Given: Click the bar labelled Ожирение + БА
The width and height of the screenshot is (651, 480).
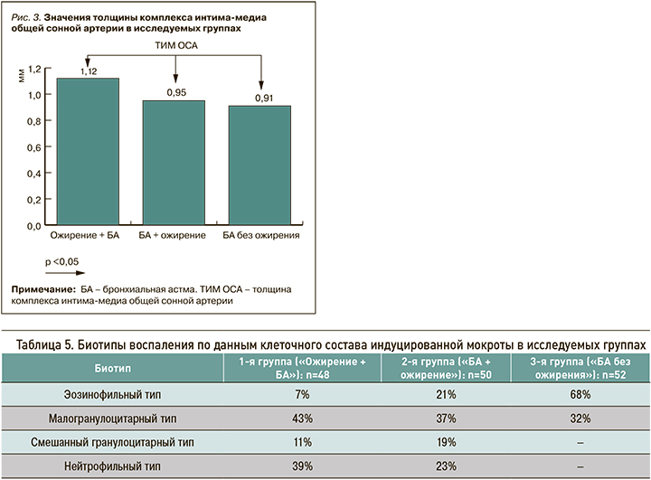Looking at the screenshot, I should pyautogui.click(x=88, y=151).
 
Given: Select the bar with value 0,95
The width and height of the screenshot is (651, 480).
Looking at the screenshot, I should pyautogui.click(x=174, y=163).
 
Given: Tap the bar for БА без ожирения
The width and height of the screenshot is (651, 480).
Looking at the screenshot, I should pyautogui.click(x=259, y=165).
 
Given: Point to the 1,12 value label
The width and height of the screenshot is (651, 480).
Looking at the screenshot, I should pyautogui.click(x=89, y=71).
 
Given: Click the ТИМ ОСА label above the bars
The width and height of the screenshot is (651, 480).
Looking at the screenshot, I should pyautogui.click(x=175, y=43).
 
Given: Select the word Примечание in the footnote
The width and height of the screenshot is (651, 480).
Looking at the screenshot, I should pyautogui.click(x=42, y=287).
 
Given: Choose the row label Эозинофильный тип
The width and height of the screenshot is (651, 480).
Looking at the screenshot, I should pyautogui.click(x=111, y=395).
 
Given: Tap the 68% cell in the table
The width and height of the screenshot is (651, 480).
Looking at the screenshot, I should pyautogui.click(x=580, y=395).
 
